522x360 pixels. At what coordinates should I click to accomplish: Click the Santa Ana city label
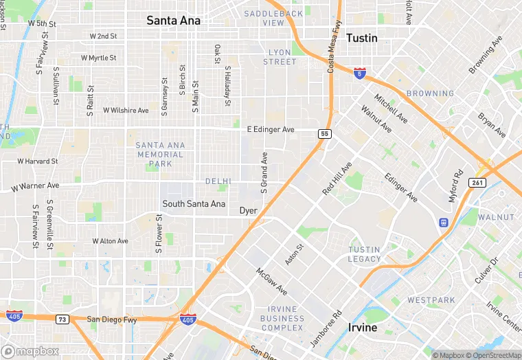[174, 21]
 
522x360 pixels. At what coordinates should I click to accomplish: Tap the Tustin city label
[362, 38]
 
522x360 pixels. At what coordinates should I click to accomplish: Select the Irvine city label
[363, 327]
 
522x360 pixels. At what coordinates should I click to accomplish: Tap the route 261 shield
[478, 182]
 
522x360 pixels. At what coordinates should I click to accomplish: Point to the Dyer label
[248, 211]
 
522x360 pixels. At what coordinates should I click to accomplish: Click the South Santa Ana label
[194, 204]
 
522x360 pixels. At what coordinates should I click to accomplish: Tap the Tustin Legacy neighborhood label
[364, 254]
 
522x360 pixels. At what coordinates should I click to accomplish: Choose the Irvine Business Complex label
[282, 318]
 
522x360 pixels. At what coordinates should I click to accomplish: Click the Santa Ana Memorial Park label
[159, 155]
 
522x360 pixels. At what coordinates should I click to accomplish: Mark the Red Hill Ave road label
[337, 178]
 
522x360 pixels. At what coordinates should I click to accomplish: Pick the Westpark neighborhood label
[431, 300]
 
